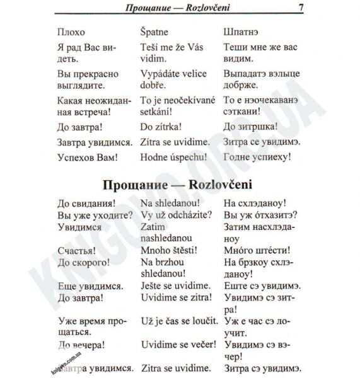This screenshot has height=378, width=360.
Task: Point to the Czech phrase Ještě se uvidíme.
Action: point(175,285)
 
